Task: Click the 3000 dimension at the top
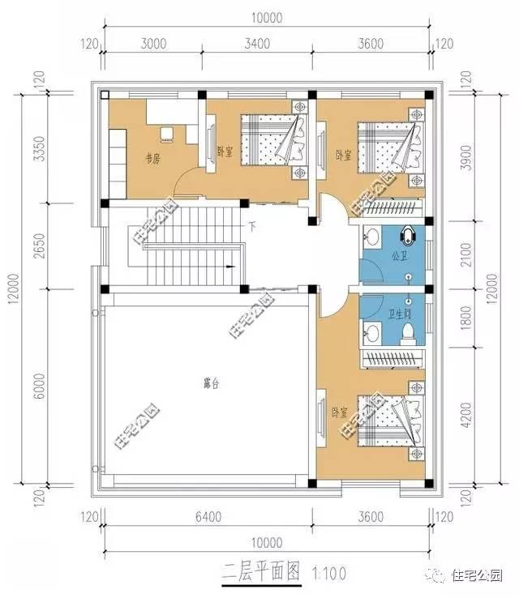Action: (152, 45)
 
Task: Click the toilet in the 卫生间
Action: (410, 331)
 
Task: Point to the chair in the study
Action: (167, 133)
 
